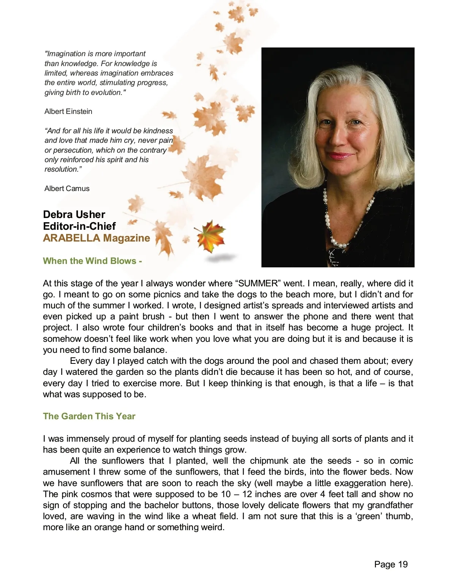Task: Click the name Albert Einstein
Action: click(68, 111)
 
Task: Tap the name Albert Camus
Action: click(67, 188)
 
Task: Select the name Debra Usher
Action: click(74, 215)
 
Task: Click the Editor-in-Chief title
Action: click(79, 226)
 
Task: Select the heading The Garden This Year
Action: click(89, 416)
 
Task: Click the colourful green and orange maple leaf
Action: click(210, 237)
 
